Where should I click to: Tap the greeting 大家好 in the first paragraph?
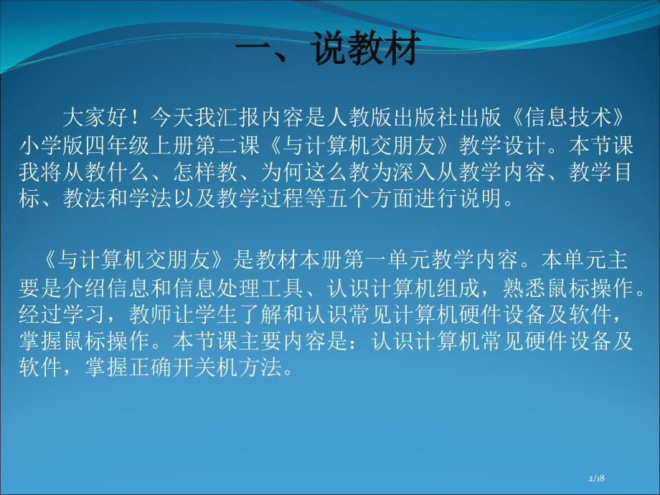coord(96,115)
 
